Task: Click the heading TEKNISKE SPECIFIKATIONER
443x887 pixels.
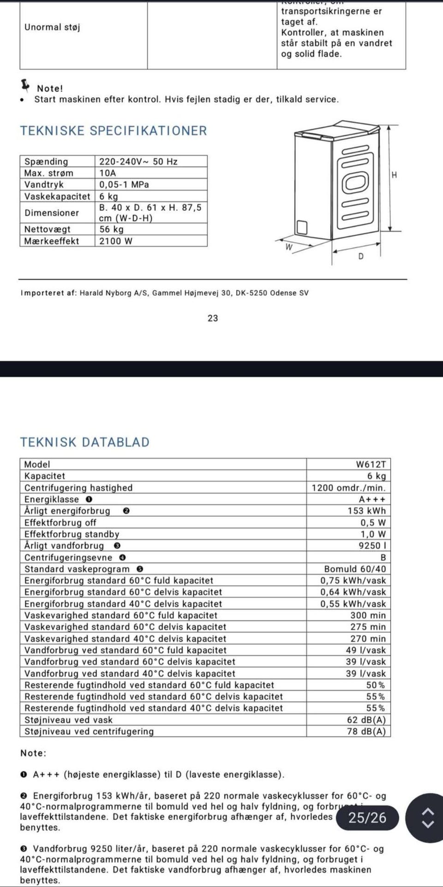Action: pyautogui.click(x=114, y=131)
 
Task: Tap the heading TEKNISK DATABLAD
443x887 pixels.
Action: pyautogui.click(x=85, y=442)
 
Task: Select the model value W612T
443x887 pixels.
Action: pyautogui.click(x=371, y=464)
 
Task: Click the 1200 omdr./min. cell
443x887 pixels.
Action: pyautogui.click(x=348, y=488)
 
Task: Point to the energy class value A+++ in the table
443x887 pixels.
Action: pyautogui.click(x=372, y=499)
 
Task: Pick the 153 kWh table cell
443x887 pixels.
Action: pyautogui.click(x=366, y=511)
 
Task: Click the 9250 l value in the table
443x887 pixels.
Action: pyautogui.click(x=372, y=545)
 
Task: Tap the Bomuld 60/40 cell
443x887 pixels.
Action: pyautogui.click(x=355, y=569)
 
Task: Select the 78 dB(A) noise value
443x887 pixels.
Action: pyautogui.click(x=366, y=731)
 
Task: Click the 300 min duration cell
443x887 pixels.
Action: pyautogui.click(x=368, y=615)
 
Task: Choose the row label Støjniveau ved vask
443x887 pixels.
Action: pyautogui.click(x=68, y=720)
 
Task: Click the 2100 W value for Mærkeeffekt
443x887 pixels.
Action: pyautogui.click(x=116, y=241)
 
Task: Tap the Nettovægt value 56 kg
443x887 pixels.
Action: pyautogui.click(x=112, y=229)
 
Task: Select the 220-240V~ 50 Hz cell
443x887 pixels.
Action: pyautogui.click(x=138, y=161)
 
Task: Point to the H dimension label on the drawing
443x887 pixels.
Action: pyautogui.click(x=394, y=175)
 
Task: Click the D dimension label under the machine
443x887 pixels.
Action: pyautogui.click(x=361, y=256)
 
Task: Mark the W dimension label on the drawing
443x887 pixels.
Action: pyautogui.click(x=289, y=247)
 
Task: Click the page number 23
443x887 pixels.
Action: pyautogui.click(x=213, y=318)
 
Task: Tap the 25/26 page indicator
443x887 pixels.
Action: pyautogui.click(x=367, y=818)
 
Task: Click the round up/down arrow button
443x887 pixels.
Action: pyautogui.click(x=428, y=818)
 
